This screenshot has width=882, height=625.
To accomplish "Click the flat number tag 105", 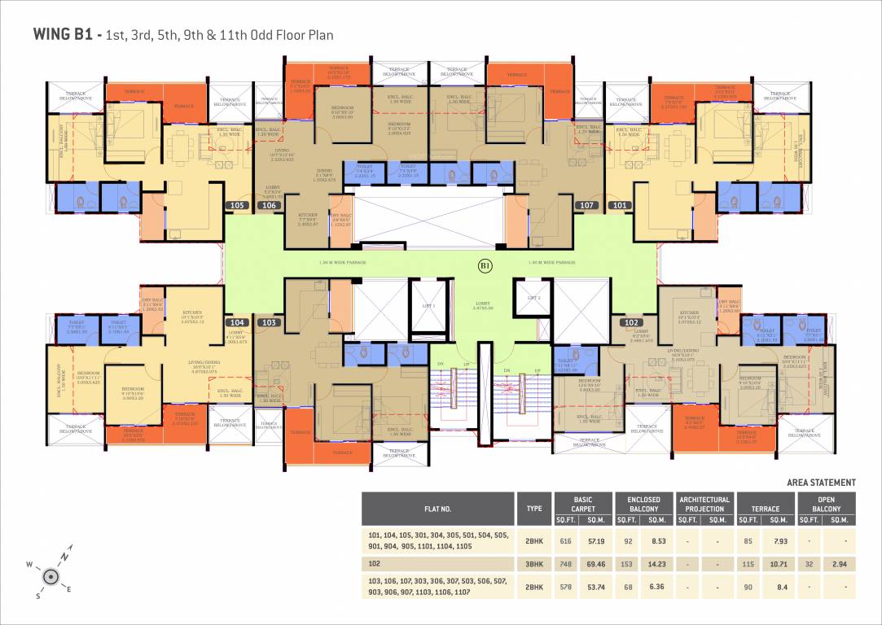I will (x=237, y=206).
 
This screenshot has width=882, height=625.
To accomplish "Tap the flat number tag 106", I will (x=268, y=206).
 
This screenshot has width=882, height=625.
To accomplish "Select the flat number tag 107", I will (x=586, y=206).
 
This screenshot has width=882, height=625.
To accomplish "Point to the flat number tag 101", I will (x=619, y=206).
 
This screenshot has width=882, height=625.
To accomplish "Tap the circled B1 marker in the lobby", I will (x=485, y=264).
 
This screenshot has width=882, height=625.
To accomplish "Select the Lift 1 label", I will (x=428, y=306).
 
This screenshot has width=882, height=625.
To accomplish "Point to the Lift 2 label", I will (x=534, y=299).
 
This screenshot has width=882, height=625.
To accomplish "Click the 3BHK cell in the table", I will (x=534, y=562).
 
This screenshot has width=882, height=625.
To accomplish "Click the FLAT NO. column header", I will (x=437, y=509).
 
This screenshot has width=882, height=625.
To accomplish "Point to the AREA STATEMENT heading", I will (x=821, y=483).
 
